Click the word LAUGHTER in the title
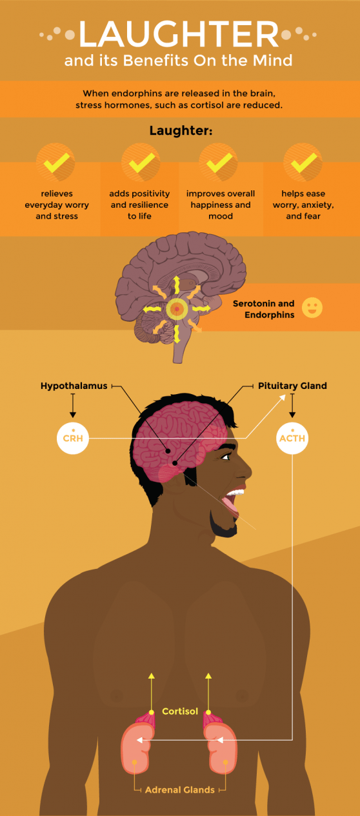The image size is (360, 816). tap(179, 34)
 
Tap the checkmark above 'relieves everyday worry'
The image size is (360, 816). tap(57, 163)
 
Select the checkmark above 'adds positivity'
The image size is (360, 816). tap(141, 163)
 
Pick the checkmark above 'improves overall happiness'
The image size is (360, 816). tap(219, 163)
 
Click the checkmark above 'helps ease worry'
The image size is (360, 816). tap(303, 163)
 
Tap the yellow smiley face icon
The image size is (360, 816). tap(312, 308)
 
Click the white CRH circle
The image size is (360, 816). tap(73, 438)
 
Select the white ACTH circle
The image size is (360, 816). tap(292, 438)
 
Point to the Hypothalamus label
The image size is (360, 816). tap(74, 386)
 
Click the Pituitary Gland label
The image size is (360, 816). tap(292, 386)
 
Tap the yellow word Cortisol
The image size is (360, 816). tap(180, 711)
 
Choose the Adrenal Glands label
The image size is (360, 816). tap(180, 790)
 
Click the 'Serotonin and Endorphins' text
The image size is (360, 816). tap(264, 309)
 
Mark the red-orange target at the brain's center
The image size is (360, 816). tap(177, 309)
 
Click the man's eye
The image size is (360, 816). tap(226, 457)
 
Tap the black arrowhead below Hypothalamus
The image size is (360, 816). tap(73, 415)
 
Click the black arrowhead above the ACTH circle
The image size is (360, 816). tap(292, 415)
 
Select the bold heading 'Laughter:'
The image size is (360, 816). tap(181, 130)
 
